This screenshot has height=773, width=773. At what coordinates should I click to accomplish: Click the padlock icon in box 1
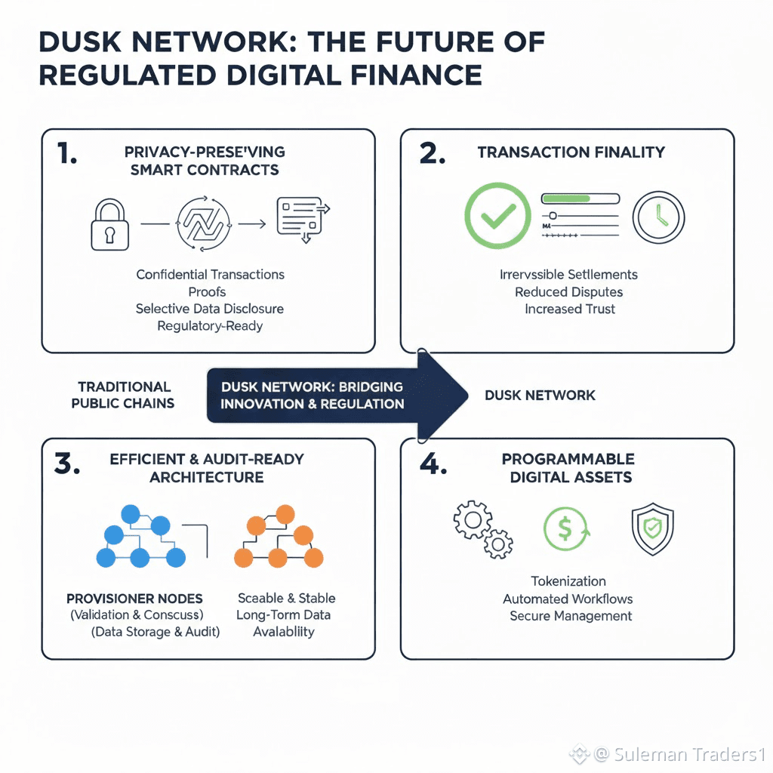point(109,224)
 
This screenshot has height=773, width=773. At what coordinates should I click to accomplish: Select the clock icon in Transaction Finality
point(658,217)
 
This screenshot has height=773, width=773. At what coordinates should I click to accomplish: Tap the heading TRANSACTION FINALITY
point(571,152)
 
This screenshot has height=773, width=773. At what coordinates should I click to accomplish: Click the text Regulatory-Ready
point(210,325)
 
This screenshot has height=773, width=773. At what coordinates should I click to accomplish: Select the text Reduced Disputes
point(569,291)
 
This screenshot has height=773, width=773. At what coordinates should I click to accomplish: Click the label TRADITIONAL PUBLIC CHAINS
point(123,395)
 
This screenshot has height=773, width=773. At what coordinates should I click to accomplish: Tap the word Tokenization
point(568,581)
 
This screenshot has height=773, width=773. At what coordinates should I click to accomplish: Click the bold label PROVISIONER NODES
point(134,599)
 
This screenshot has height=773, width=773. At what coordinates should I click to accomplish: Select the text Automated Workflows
point(568,599)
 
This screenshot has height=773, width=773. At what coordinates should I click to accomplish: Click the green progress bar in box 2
point(580,199)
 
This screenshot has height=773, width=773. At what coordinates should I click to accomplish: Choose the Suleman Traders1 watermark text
point(689,753)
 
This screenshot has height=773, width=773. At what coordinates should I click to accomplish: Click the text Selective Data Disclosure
point(210,309)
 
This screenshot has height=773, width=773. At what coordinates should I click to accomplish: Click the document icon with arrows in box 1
point(300,218)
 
